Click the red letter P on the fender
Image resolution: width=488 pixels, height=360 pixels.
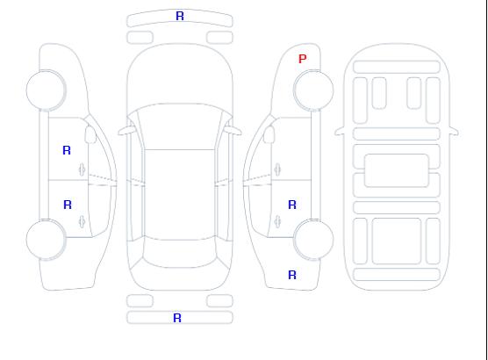(x=302, y=59)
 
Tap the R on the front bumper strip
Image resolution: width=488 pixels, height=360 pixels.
(x=180, y=16)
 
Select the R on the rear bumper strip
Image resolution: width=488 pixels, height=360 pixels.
(x=177, y=318)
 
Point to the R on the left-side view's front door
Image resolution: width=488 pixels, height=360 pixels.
(x=67, y=150)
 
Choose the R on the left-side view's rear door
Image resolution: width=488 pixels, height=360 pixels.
(x=68, y=205)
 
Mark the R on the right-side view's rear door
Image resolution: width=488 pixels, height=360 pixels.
(x=292, y=205)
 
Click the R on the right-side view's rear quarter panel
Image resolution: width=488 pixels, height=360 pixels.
(x=292, y=275)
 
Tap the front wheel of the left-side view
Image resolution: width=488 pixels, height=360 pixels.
(x=46, y=90)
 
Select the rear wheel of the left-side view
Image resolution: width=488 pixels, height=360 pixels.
(x=46, y=240)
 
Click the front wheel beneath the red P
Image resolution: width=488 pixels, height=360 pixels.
(x=313, y=90)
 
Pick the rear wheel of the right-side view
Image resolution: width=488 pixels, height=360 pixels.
(x=313, y=240)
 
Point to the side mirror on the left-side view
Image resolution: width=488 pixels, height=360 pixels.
(x=90, y=134)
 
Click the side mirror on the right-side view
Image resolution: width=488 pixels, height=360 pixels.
(x=269, y=134)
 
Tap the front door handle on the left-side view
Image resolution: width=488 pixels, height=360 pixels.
(x=83, y=169)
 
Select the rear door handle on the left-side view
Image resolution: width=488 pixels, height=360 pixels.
(x=83, y=221)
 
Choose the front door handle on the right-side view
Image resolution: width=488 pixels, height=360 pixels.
(x=277, y=169)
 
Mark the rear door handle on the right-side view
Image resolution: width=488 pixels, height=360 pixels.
(x=277, y=221)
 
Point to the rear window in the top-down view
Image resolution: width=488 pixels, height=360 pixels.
(x=180, y=253)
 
